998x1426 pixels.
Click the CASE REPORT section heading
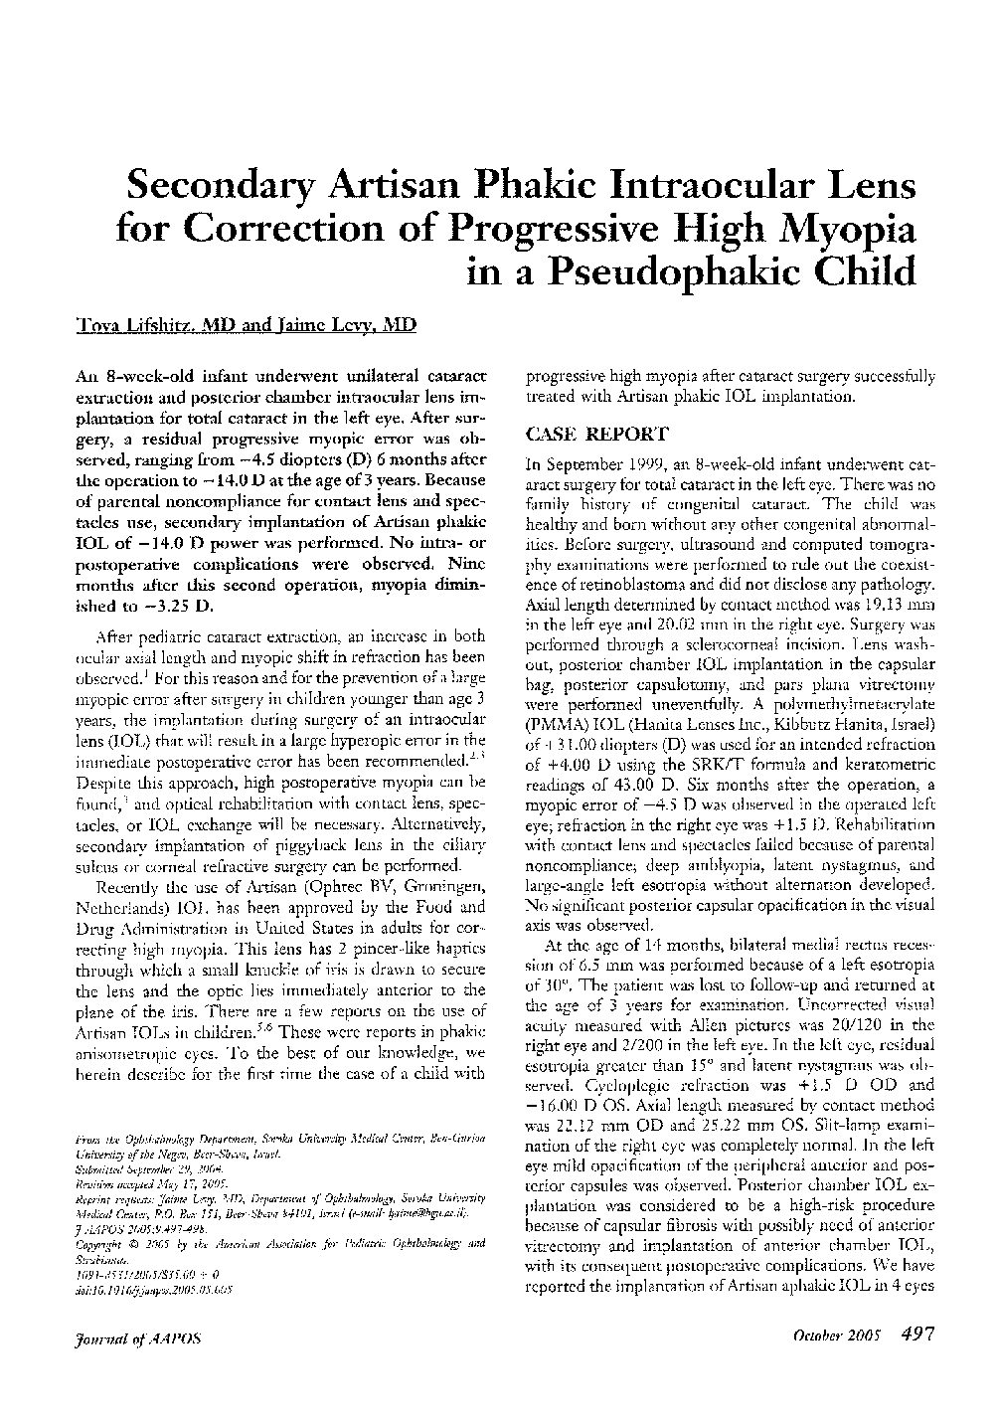point(582,436)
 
